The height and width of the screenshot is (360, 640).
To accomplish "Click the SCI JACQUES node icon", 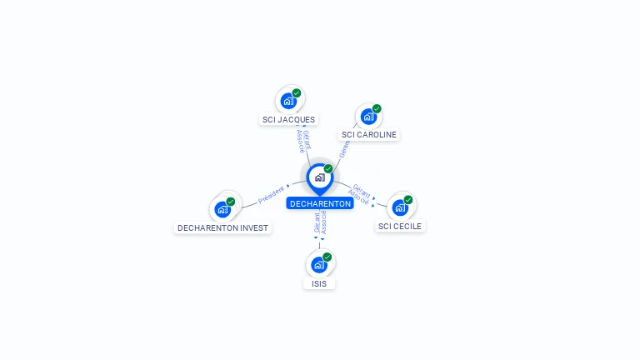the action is (x=288, y=102).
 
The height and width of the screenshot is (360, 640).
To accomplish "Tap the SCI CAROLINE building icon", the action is (x=368, y=117).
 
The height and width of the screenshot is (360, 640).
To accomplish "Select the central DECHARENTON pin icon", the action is (x=319, y=177).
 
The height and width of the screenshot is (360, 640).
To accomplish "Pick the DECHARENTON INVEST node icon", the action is (x=222, y=209).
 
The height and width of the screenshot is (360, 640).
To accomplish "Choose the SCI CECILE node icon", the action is (x=400, y=207).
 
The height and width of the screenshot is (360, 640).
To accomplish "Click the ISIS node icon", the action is (x=318, y=265).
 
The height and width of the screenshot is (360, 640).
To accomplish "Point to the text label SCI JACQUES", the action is (x=288, y=119).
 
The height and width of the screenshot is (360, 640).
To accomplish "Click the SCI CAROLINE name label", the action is (x=369, y=135).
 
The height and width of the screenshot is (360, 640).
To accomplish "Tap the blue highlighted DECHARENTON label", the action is (x=320, y=203).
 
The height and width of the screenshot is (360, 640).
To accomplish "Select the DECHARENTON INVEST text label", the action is (x=222, y=227).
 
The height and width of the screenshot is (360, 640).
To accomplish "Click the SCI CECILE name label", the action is (x=400, y=226).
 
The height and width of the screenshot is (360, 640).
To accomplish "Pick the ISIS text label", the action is (x=318, y=283).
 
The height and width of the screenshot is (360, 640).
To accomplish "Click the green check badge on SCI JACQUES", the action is (x=297, y=93).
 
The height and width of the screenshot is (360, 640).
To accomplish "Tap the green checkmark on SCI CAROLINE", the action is (x=377, y=109).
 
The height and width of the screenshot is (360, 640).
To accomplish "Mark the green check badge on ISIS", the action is (x=327, y=257).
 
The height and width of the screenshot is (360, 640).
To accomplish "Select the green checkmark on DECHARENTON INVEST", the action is (x=231, y=201).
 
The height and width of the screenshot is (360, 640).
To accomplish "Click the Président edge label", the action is (x=271, y=194).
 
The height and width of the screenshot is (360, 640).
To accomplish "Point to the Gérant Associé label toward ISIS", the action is (x=320, y=223).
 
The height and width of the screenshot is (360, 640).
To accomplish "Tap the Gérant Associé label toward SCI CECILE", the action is (x=361, y=193).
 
